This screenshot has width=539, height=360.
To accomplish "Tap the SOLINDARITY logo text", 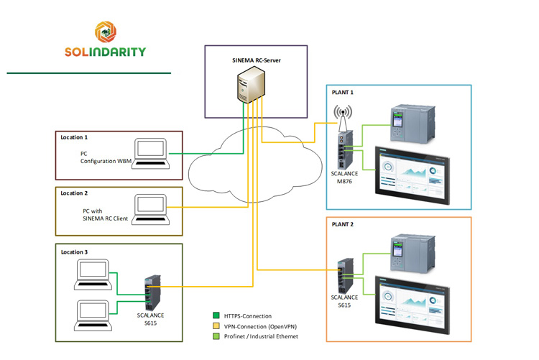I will pos(105,52).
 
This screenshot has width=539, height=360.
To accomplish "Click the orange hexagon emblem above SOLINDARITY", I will pos(105,31).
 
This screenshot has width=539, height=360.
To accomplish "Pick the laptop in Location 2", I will pos(153,209).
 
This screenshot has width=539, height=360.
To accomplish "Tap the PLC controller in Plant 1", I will pos(410,121).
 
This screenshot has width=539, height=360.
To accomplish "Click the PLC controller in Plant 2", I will pos(410,255).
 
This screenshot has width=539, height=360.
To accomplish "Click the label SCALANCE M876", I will pos(345,177).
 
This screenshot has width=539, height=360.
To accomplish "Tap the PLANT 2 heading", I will pos(343,225).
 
